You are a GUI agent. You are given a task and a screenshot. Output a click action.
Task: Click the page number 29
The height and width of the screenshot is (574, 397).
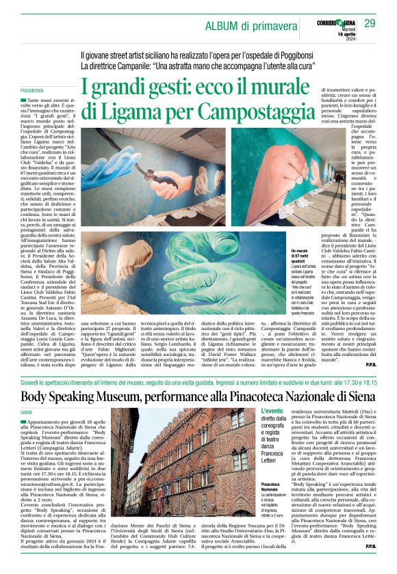(370, 25)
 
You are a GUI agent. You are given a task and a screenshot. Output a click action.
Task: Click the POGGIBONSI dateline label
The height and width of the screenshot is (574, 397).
(32, 90)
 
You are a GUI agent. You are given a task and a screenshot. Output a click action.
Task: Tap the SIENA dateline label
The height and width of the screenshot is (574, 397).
(26, 413)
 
